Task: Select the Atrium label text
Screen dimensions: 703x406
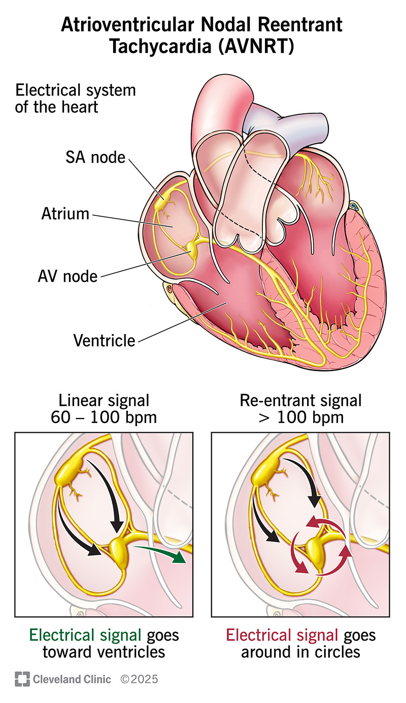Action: pyautogui.click(x=65, y=213)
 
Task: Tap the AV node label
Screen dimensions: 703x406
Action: pyautogui.click(x=67, y=276)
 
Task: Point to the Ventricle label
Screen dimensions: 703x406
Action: pyautogui.click(x=104, y=340)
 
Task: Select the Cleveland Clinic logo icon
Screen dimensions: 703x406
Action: pyautogui.click(x=22, y=679)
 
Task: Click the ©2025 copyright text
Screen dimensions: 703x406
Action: pyautogui.click(x=139, y=679)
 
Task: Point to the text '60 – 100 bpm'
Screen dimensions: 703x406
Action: pyautogui.click(x=104, y=418)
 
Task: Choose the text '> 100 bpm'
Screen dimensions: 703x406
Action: pyautogui.click(x=300, y=418)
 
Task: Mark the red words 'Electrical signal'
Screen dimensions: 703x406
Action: pyautogui.click(x=282, y=635)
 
